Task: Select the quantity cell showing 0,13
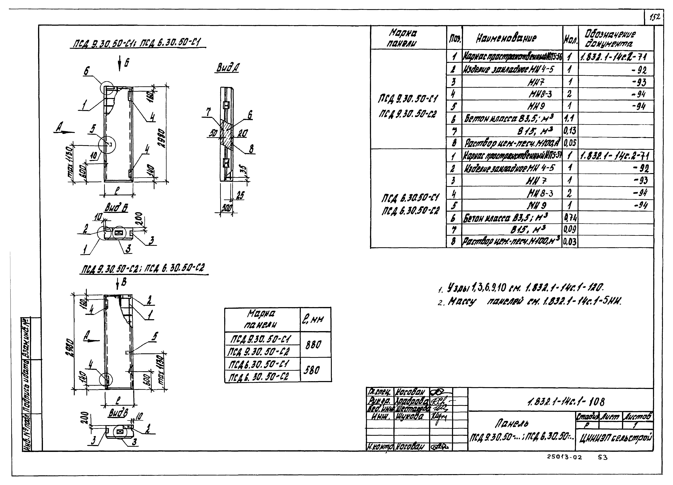[569, 130]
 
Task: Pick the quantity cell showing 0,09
[569, 229]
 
